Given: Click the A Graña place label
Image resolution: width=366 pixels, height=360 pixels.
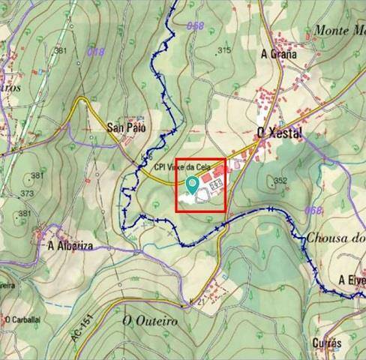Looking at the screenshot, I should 279,54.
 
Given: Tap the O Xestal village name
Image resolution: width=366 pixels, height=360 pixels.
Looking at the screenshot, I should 278,133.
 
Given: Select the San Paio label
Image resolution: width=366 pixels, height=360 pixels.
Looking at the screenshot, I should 124,127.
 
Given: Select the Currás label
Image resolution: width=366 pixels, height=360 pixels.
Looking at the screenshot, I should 325,342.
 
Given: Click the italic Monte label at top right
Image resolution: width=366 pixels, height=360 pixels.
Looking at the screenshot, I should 338,30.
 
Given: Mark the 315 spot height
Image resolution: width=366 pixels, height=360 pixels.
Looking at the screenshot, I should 223,50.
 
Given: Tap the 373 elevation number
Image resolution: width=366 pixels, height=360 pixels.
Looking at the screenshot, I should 28,193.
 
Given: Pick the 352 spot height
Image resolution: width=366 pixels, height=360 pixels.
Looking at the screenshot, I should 280,181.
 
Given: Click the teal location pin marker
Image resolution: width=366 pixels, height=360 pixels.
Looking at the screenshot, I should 193,182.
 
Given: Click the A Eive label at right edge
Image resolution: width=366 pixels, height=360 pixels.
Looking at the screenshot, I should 351,280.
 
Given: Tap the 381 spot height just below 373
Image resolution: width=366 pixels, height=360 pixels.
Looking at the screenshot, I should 25,214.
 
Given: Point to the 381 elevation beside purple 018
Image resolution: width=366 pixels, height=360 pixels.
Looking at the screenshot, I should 61,51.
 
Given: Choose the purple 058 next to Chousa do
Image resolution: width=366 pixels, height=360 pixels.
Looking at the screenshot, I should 314,210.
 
